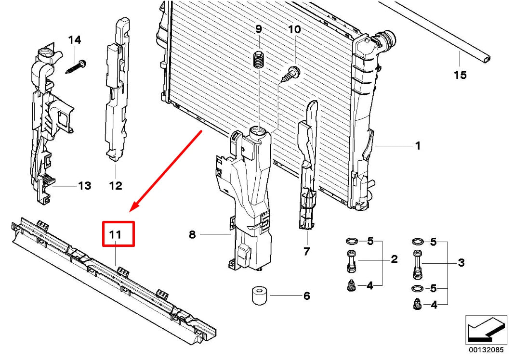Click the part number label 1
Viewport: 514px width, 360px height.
(x=418, y=145)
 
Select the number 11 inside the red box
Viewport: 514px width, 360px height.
(x=115, y=235)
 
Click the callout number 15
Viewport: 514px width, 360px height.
(x=460, y=75)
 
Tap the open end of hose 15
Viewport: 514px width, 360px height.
(x=487, y=58)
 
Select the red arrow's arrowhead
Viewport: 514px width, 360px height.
(x=133, y=207)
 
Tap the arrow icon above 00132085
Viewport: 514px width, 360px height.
(x=486, y=330)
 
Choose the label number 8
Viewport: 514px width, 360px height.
(x=192, y=234)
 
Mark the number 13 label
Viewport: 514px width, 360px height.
(x=84, y=185)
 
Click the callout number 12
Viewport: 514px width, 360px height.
(x=116, y=185)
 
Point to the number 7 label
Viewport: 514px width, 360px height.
(x=307, y=251)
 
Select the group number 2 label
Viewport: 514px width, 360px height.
(x=394, y=260)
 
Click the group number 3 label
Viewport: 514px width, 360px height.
(x=461, y=263)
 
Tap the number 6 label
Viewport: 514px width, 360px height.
(x=306, y=296)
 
